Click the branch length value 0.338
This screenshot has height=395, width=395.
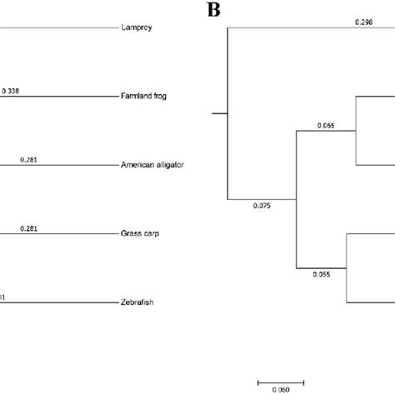11,90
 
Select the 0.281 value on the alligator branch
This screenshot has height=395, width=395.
27,158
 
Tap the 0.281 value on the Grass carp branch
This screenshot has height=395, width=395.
27,227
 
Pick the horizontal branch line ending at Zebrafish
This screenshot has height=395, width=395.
58,302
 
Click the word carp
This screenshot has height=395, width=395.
151,233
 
